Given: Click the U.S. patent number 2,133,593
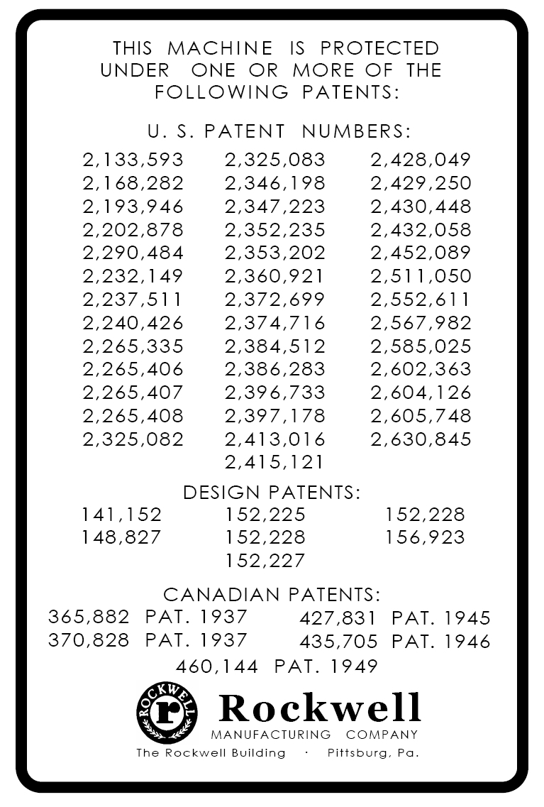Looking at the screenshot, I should pos(133,160).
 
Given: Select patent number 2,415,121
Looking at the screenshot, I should pos(275,462).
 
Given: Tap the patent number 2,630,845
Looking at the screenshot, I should pos(421,439).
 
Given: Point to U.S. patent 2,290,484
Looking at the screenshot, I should pos(133,253).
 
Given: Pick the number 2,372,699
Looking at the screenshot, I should pos(275,299).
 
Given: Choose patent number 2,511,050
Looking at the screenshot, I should pos(421,276).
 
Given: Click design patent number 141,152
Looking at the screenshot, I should pos(122,515).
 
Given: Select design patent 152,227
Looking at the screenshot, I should pos(265,561).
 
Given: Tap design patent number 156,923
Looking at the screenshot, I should pos(425,537).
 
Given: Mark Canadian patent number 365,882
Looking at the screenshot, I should pos(89,616).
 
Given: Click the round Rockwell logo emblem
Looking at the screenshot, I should pos(167,713).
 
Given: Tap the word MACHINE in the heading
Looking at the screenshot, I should pos(220,48).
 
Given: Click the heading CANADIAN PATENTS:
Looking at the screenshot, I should pos(272,594).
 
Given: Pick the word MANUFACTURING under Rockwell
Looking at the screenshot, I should pos(271,735).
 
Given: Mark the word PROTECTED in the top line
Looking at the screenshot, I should pos(379,48).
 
